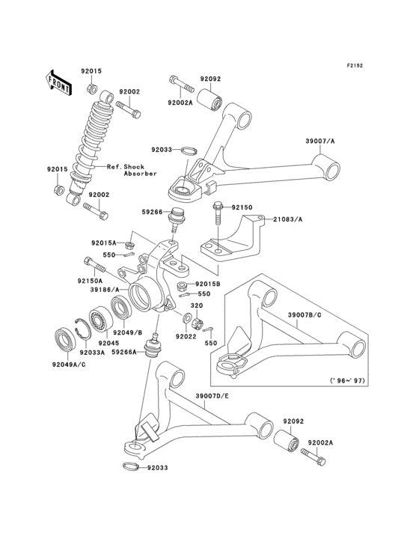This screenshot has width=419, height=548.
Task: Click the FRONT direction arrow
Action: [59, 81]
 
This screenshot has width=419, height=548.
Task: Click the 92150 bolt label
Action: [243, 205]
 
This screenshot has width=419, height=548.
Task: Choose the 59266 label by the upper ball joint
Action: [153, 212]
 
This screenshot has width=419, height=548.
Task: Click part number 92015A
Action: [105, 243]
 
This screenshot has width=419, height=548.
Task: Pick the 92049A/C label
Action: [70, 365]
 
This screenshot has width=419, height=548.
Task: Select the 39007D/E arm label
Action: [213, 396]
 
